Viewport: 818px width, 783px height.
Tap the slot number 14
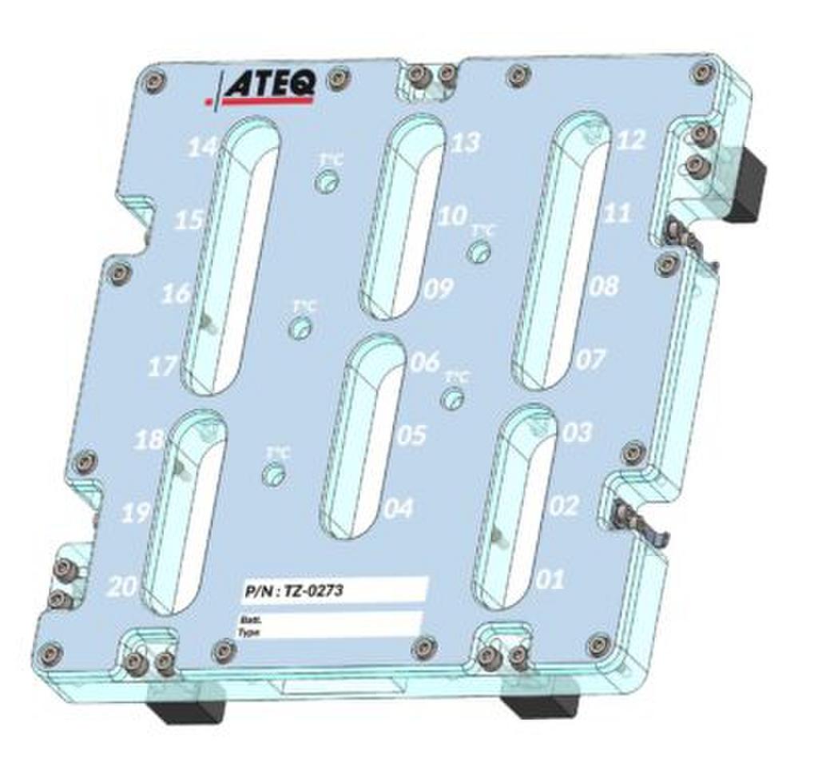tap(201, 147)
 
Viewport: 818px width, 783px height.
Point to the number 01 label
tap(550, 578)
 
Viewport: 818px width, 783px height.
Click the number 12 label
tap(630, 141)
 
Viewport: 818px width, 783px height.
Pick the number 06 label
tap(425, 362)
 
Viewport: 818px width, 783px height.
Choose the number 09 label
tap(438, 288)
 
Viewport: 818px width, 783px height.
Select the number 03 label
tap(577, 432)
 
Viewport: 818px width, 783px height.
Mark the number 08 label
tap(605, 286)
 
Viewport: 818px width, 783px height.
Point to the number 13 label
tap(466, 143)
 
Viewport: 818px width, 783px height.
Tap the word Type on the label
tap(248, 631)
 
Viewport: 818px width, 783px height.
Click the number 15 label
tap(189, 220)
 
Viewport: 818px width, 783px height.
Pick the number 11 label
tap(617, 213)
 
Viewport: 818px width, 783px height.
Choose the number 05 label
tap(411, 435)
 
